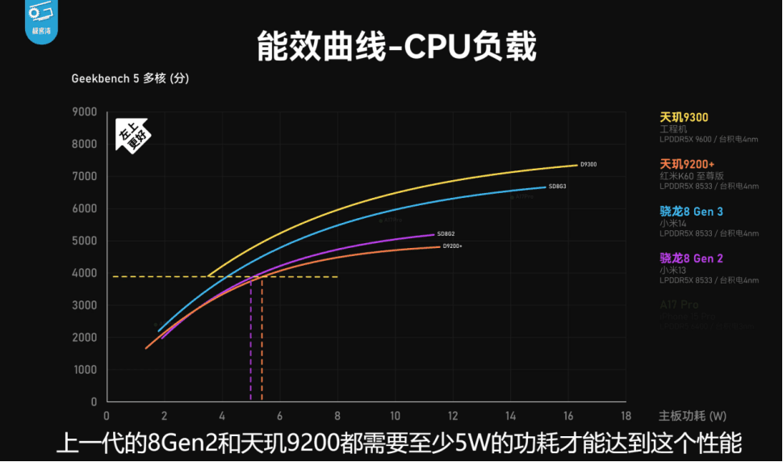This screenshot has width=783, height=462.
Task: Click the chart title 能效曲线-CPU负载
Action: (x=396, y=47)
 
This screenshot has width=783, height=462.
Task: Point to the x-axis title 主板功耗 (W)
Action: (x=692, y=417)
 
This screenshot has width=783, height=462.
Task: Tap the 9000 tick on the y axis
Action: (x=85, y=112)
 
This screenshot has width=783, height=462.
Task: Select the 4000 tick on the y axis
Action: (x=85, y=274)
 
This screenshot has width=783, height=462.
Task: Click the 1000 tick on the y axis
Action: (x=85, y=370)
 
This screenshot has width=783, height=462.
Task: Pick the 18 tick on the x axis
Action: (x=625, y=417)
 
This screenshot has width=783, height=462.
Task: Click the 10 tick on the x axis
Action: (x=395, y=417)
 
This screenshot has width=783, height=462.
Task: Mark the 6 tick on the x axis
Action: (x=279, y=417)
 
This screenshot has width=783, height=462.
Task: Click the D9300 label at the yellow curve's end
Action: (x=588, y=165)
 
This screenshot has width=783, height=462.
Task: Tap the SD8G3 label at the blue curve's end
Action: (x=557, y=187)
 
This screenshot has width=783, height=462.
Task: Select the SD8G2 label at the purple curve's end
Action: (x=446, y=234)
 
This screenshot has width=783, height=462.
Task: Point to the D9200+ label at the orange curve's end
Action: (x=452, y=246)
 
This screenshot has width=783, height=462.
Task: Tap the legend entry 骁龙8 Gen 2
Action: (x=691, y=258)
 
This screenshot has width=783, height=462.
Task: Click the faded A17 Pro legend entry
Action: (x=679, y=305)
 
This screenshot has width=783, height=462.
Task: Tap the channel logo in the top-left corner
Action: (x=39, y=19)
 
